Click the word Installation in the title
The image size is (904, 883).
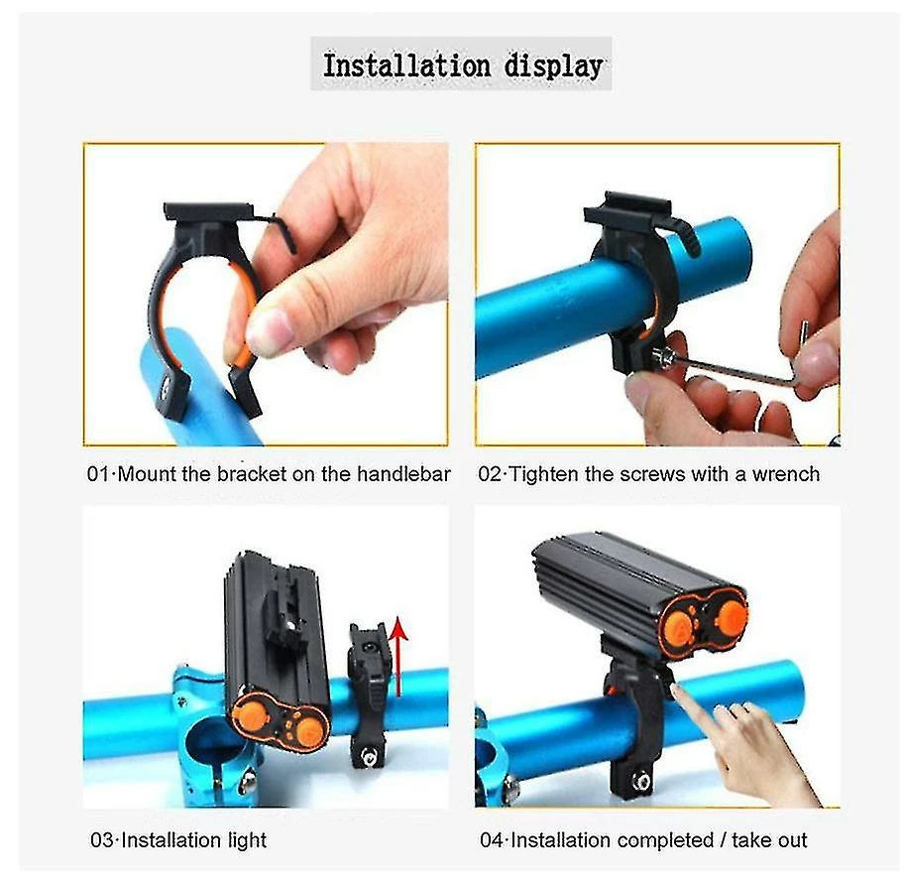[x=405, y=65]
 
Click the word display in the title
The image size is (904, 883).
[x=553, y=67]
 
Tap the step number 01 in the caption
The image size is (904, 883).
[x=98, y=474]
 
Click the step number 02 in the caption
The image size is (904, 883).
[x=490, y=474]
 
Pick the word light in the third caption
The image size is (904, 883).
[x=248, y=841]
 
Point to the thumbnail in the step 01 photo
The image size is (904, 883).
[x=267, y=330]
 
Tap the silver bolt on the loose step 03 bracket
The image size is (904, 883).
[x=367, y=755]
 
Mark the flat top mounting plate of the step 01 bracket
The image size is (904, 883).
[x=208, y=211]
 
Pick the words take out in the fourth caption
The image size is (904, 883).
[x=769, y=841]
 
